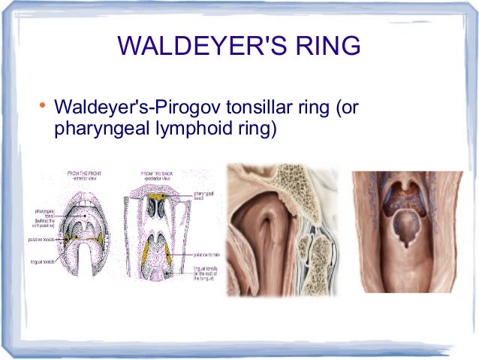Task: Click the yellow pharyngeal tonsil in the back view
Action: pos(158,196)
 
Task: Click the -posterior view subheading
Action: pos(157,180)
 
